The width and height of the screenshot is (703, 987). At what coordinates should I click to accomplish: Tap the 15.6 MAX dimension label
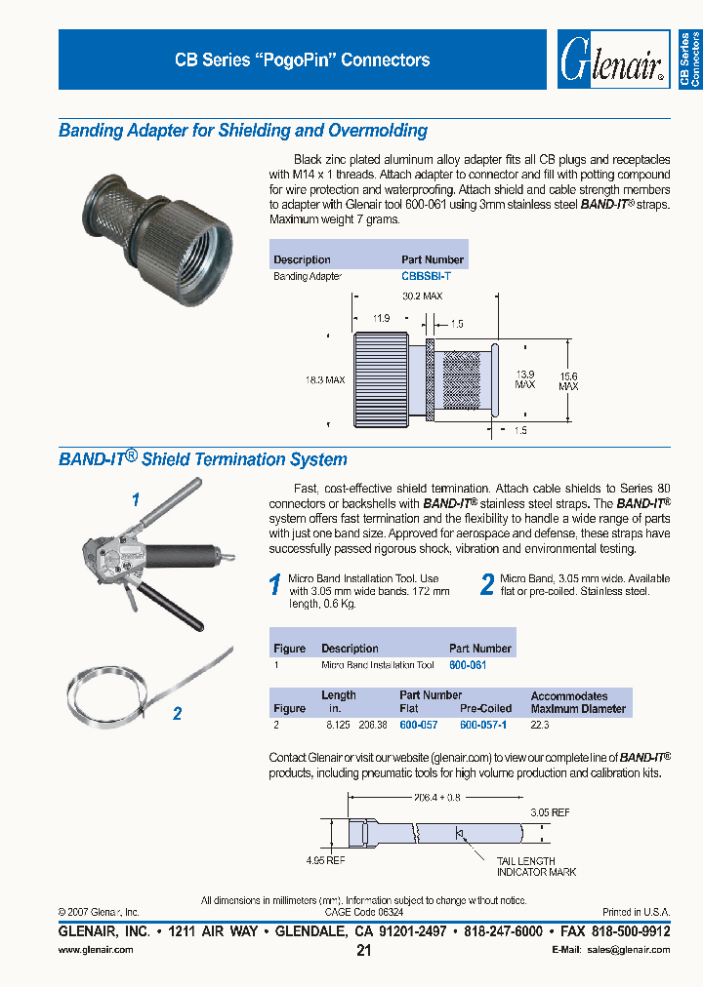click(x=568, y=381)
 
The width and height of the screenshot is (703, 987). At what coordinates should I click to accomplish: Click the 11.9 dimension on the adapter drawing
click(x=381, y=317)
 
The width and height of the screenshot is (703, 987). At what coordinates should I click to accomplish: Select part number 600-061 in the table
click(x=467, y=664)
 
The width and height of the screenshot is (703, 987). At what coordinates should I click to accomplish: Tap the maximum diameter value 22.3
click(x=540, y=726)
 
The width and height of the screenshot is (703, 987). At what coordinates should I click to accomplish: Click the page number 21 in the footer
click(x=363, y=951)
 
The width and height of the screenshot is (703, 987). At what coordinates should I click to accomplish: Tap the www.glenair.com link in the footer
click(x=96, y=949)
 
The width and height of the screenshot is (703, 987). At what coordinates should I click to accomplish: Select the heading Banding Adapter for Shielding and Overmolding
click(x=243, y=131)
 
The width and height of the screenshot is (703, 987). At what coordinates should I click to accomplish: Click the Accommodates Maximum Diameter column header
click(x=578, y=702)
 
